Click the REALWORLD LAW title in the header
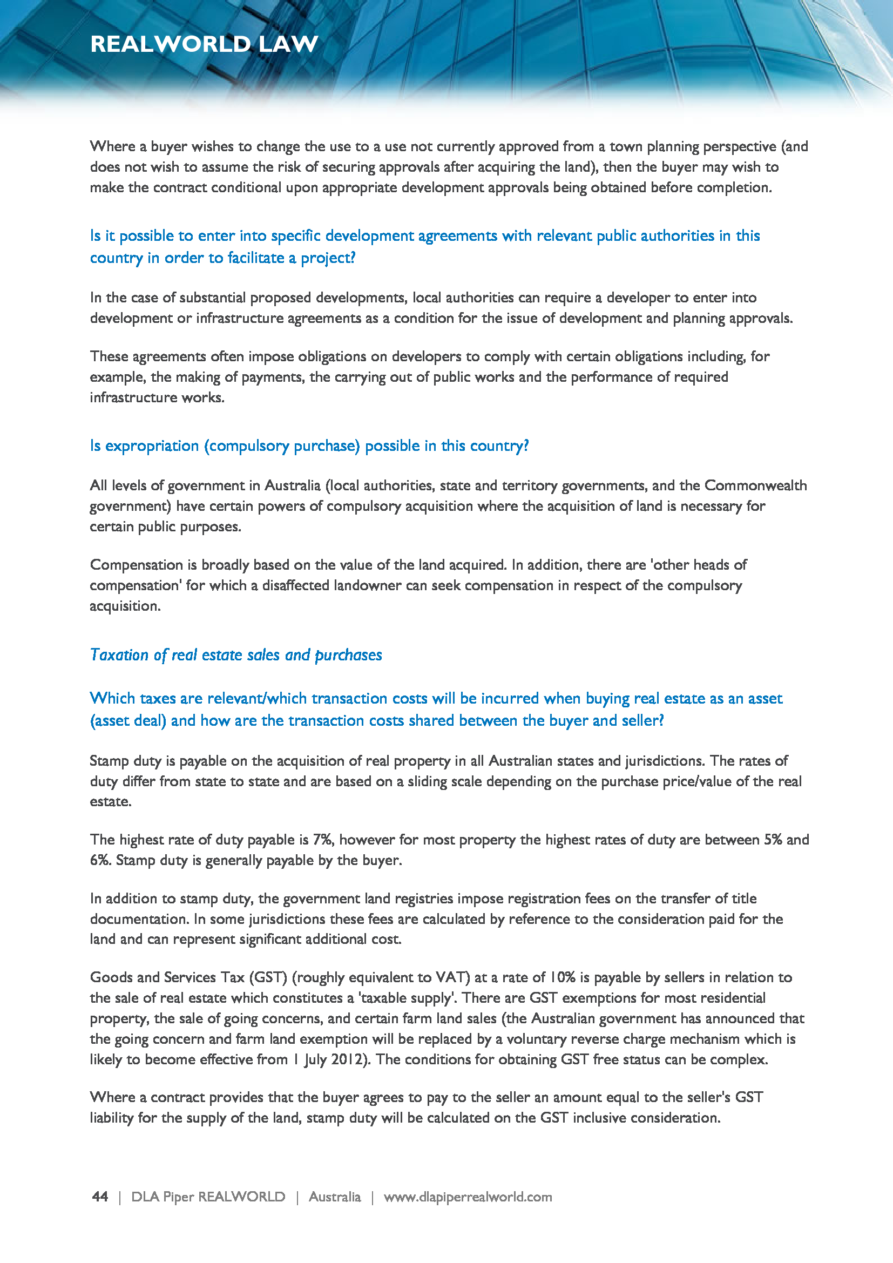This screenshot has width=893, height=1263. (204, 44)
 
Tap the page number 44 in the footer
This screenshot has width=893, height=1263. (100, 1197)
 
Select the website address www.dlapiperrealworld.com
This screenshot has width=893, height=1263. (468, 1197)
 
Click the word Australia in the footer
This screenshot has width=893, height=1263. (334, 1197)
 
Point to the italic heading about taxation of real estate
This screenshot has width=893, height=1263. (236, 654)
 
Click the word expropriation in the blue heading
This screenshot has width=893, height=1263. (152, 445)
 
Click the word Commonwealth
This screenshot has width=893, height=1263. (755, 485)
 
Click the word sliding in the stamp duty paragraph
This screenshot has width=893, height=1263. (427, 781)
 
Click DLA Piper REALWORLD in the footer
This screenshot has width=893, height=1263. (208, 1197)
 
